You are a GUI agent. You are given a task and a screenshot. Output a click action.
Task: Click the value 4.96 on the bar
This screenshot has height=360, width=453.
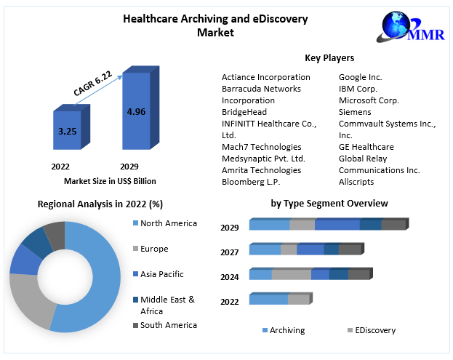click(135, 112)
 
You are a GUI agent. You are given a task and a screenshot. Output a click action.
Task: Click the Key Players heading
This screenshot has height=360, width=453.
click(329, 58)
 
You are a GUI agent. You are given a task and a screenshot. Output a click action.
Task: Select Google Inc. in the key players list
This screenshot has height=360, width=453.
click(360, 77)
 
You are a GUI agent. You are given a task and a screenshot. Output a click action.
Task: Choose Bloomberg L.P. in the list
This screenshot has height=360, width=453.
click(251, 182)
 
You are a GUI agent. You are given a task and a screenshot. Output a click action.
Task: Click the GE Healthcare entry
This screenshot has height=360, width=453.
click(366, 147)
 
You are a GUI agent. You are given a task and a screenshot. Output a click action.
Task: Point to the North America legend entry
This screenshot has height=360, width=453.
click(168, 223)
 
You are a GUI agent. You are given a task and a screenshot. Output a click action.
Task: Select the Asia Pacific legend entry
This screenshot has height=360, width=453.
click(161, 274)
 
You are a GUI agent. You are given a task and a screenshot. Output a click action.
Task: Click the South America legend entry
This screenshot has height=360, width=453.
click(168, 325)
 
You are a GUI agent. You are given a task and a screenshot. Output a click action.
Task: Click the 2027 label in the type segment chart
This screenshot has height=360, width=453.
click(230, 252)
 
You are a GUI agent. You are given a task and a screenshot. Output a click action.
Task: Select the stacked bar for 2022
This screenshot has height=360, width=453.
click(278, 299)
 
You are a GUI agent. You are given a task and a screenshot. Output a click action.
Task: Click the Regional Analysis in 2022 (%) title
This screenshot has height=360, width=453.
click(100, 204)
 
